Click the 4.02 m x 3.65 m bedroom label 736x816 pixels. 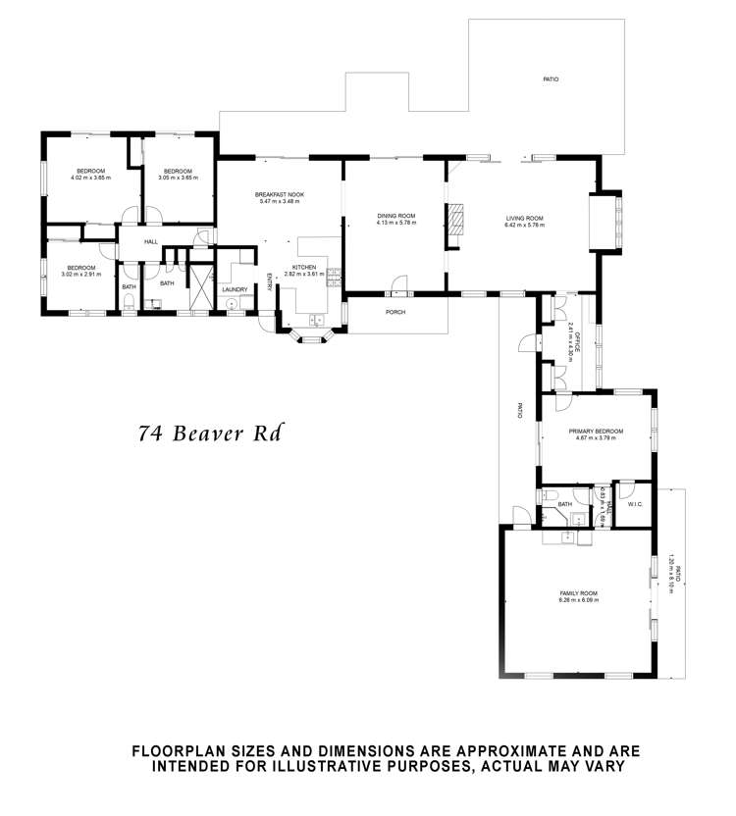tap(90, 174)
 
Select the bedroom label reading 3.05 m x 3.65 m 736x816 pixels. tap(178, 174)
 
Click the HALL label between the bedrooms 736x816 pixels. tap(151, 241)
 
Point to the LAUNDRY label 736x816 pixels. tap(234, 289)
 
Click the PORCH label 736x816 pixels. tap(395, 312)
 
